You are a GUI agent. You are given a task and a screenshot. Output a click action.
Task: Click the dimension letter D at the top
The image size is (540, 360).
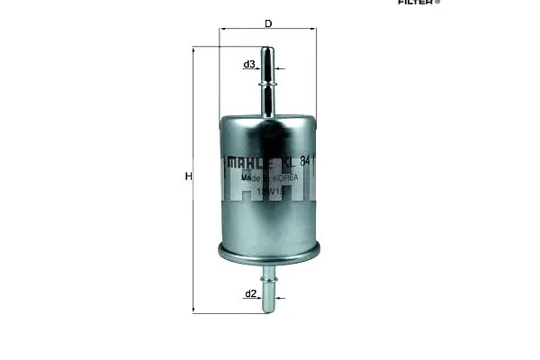pyautogui.click(x=268, y=23)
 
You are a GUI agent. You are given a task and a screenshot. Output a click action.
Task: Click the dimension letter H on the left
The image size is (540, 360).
pyautogui.click(x=188, y=177)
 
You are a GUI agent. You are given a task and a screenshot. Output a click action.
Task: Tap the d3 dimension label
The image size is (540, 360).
pyautogui.click(x=249, y=64)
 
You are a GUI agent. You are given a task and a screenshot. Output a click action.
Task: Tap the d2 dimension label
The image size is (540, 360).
pyautogui.click(x=251, y=294)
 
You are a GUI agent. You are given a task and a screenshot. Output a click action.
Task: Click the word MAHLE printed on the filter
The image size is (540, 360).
pyautogui.click(x=248, y=163)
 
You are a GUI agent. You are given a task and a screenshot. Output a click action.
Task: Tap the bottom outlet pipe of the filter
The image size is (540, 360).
pyautogui.click(x=268, y=288)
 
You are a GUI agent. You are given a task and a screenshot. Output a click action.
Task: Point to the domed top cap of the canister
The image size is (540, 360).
pyautogui.click(x=268, y=121)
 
